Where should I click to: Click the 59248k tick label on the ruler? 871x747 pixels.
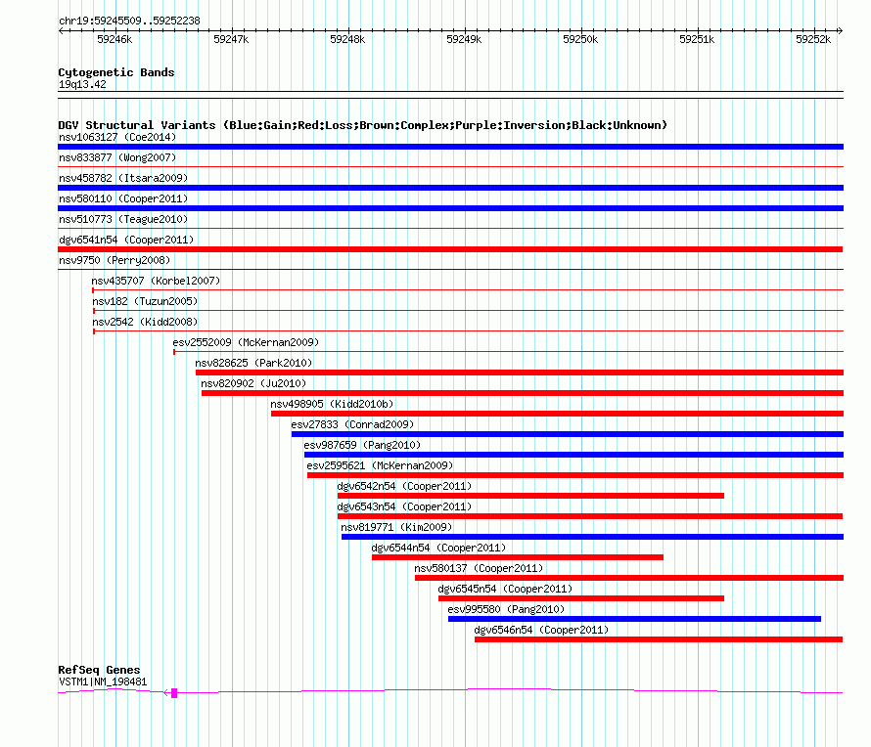click(x=346, y=40)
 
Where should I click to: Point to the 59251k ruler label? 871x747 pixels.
click(x=697, y=40)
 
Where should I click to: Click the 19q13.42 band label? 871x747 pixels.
click(x=82, y=85)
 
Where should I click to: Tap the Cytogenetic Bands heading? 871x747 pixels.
click(x=115, y=72)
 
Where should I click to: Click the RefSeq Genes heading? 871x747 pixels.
click(x=99, y=670)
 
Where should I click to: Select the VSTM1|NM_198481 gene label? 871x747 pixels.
click(x=103, y=681)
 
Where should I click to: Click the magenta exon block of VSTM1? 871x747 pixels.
click(x=174, y=692)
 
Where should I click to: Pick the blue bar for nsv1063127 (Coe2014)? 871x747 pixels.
click(x=450, y=147)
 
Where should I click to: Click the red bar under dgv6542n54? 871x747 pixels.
click(x=530, y=496)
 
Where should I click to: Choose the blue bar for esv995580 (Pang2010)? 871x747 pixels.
click(x=634, y=619)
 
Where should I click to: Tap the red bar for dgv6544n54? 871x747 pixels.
click(x=517, y=557)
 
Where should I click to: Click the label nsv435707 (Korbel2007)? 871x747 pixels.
click(x=156, y=281)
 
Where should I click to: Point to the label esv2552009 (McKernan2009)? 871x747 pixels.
click(x=246, y=342)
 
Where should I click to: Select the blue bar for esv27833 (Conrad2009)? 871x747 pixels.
click(x=567, y=434)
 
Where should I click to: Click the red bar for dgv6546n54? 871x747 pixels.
click(x=658, y=639)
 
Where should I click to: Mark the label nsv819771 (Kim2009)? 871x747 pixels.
click(x=396, y=527)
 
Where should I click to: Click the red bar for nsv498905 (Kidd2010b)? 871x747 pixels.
click(x=557, y=414)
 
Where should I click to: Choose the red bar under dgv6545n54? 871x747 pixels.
click(x=580, y=598)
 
